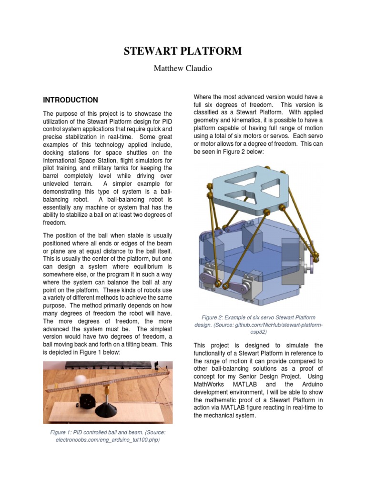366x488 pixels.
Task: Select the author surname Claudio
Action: coord(197,68)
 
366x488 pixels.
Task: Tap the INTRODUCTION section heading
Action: coord(71,100)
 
